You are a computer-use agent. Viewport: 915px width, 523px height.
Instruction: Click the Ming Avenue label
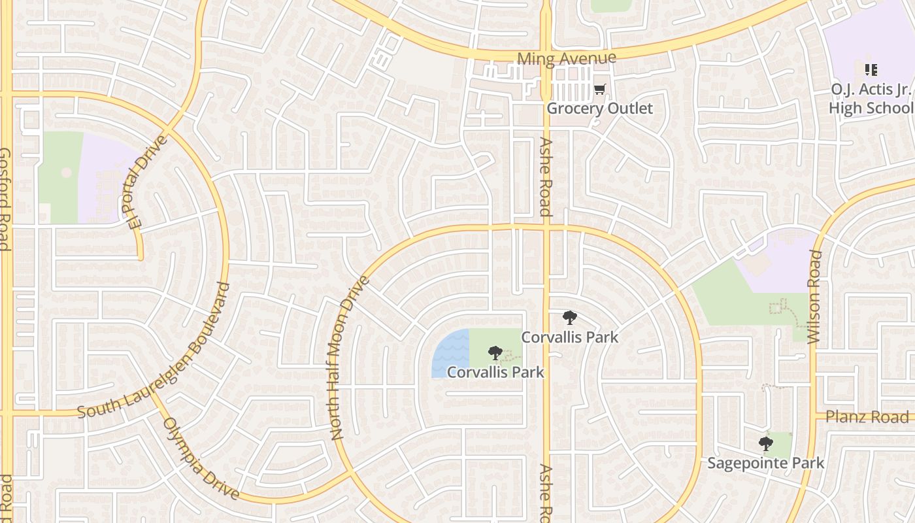tap(566, 58)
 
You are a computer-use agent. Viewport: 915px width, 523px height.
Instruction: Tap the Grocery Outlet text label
tap(599, 108)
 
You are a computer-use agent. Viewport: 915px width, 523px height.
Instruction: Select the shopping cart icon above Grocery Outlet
tap(600, 90)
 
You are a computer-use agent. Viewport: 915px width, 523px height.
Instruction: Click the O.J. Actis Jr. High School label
tap(871, 98)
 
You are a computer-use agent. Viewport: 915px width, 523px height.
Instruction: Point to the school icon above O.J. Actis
tap(871, 69)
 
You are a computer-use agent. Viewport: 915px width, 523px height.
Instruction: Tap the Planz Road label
tap(867, 416)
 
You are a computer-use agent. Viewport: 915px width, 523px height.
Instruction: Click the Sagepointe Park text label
tap(766, 463)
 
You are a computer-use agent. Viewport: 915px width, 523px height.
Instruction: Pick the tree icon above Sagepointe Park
tap(766, 445)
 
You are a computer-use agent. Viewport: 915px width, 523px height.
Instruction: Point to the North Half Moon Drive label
tap(349, 357)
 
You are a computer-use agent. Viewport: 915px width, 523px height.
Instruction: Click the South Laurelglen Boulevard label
tap(154, 351)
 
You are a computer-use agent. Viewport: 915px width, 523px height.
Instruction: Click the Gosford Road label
tap(5, 199)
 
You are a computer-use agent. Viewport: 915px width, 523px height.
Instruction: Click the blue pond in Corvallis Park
tap(450, 354)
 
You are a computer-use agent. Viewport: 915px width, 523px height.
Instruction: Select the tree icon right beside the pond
tap(495, 354)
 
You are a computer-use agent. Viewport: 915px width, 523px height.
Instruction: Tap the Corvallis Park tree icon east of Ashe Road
tap(570, 318)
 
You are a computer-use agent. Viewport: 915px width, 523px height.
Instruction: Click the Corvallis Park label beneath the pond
tap(495, 372)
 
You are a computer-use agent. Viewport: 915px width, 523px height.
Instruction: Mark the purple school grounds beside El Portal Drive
tap(105, 177)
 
